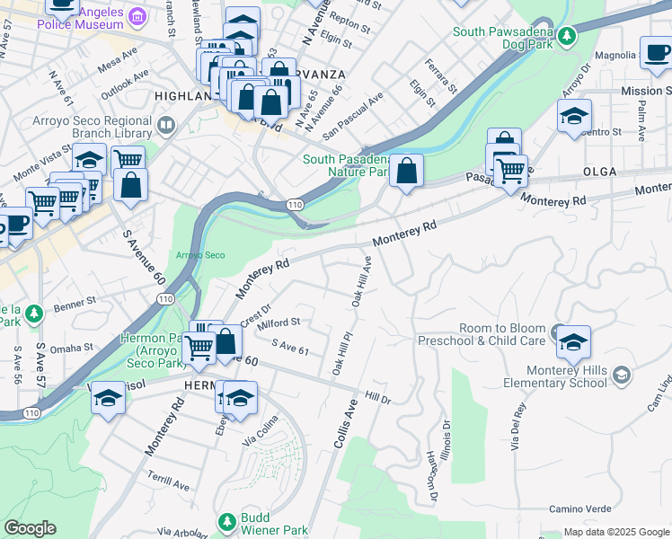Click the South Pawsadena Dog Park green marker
click(566, 37)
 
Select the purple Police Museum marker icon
click(137, 16)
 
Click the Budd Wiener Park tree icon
click(227, 521)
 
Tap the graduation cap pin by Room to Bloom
click(573, 342)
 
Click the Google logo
click(30, 528)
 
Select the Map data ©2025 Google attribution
click(615, 532)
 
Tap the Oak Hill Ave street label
click(362, 281)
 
